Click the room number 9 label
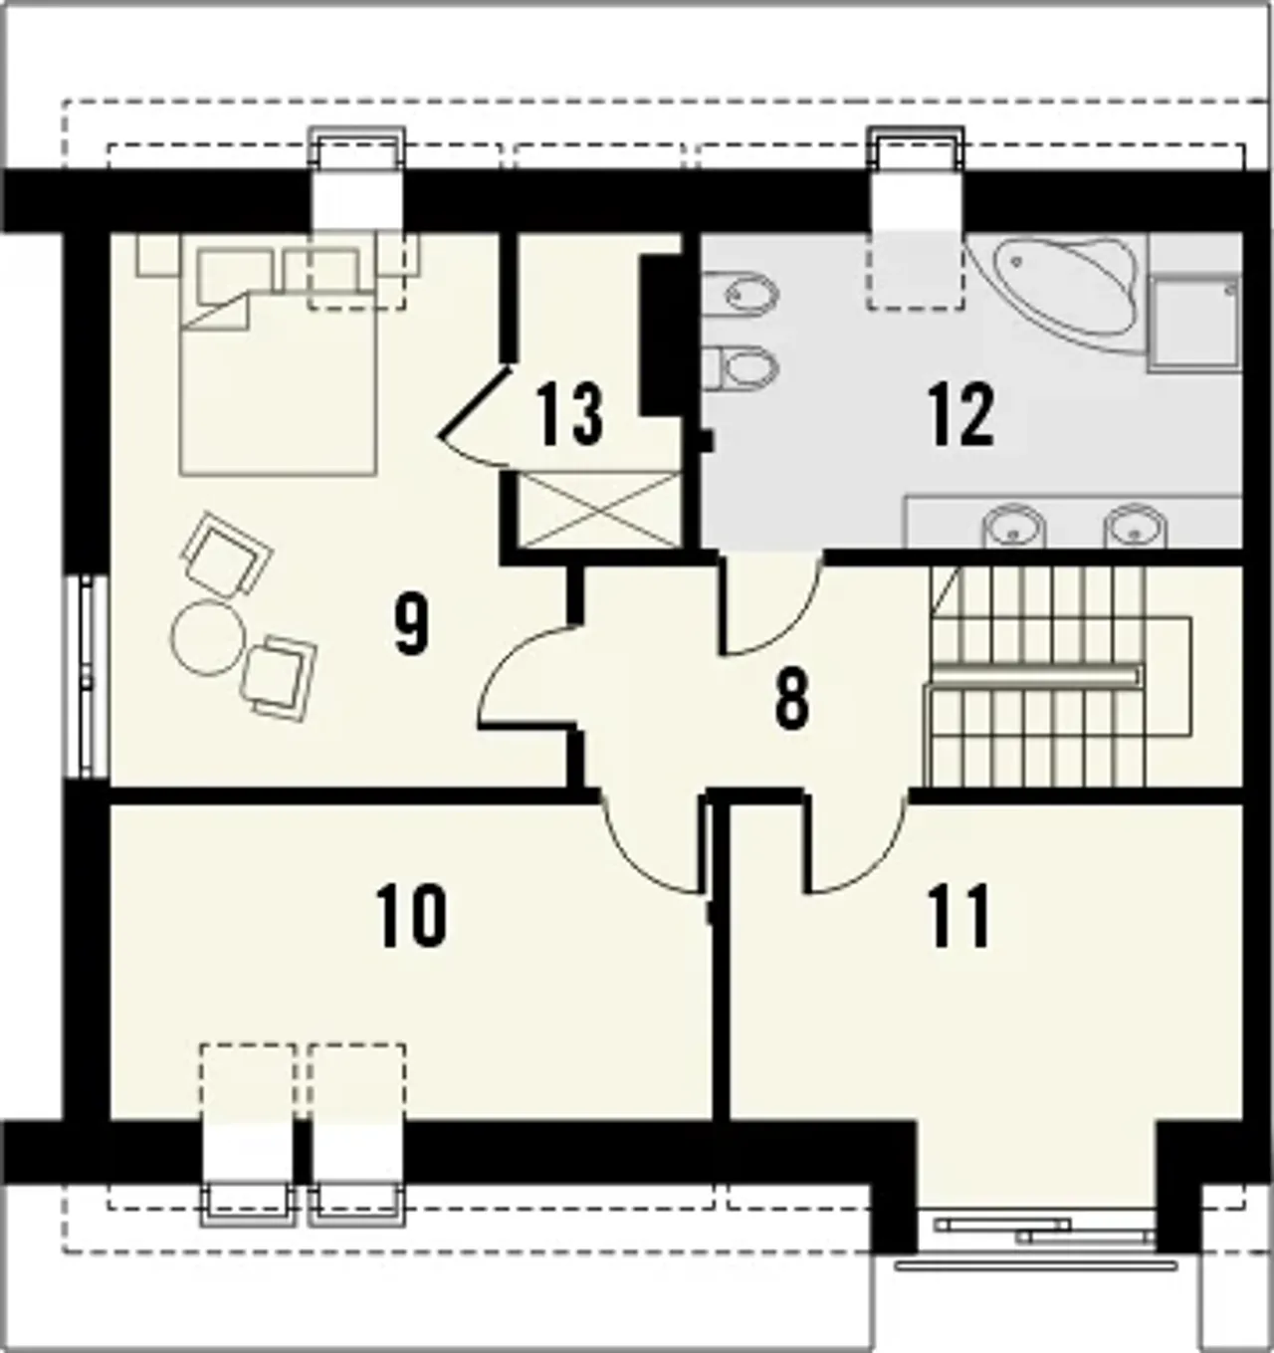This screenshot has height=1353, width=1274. [x=411, y=626]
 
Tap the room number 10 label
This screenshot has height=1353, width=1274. [x=412, y=917]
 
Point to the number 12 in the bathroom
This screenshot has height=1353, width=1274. [x=961, y=414]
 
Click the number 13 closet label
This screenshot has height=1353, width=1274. [x=569, y=414]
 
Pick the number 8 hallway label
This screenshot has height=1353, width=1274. [x=791, y=700]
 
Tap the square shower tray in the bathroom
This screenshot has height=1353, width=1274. [x=1193, y=323]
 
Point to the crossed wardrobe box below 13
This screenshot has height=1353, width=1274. [x=598, y=511]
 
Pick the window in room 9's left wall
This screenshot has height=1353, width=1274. [x=90, y=677]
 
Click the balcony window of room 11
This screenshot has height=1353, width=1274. [x=1035, y=1244]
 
